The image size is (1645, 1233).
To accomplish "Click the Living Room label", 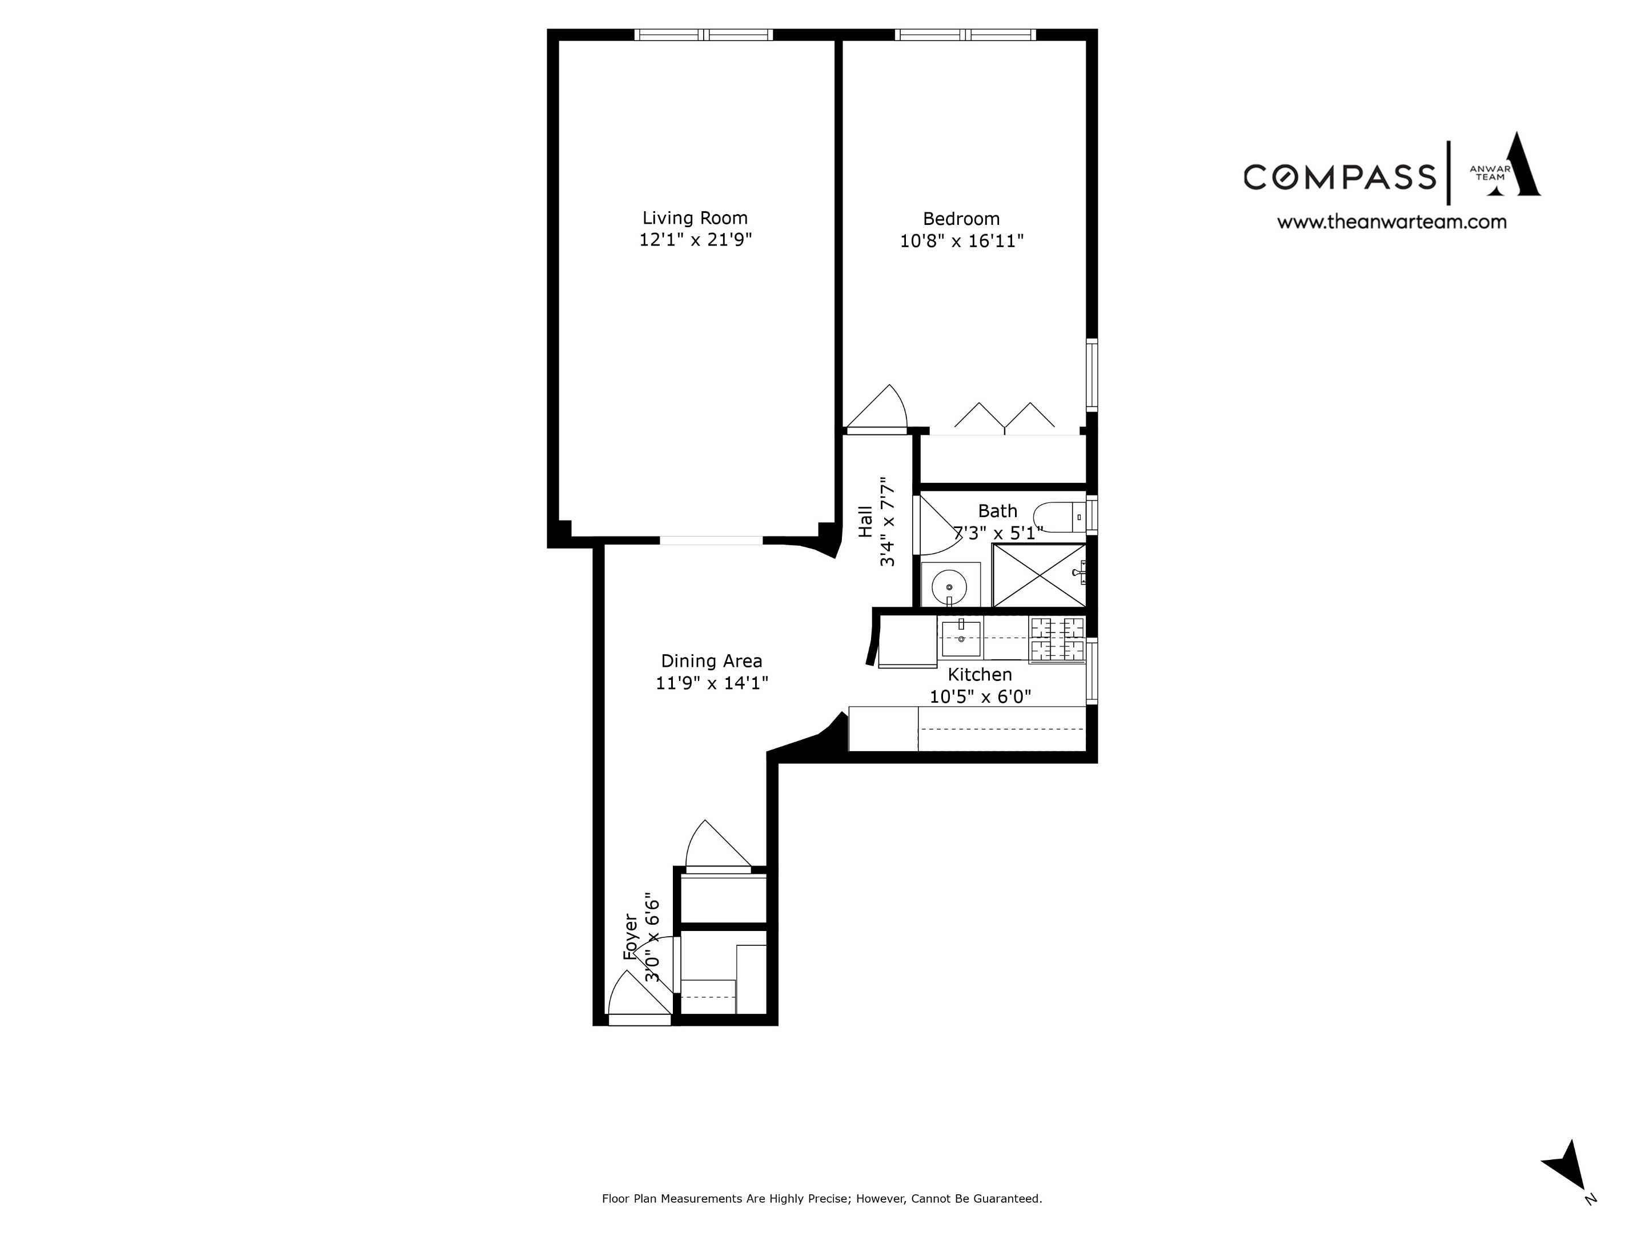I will pos(695,217).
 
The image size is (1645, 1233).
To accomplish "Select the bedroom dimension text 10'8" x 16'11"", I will pos(961,241).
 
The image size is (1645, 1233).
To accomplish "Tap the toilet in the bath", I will pos(1059,517).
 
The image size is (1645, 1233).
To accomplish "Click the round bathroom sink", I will pos(950,586).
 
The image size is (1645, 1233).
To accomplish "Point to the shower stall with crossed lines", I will pos(1039,575).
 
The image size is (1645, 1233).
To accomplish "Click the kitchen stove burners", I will pos(1057,639).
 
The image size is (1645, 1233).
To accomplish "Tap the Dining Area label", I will pos(711,660).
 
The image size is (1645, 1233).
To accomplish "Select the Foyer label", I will pos(631,937).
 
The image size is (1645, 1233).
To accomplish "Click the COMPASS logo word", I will pos(1339,177).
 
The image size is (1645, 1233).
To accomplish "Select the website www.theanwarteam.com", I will pos(1391,221).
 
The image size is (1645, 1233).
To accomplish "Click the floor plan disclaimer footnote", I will pos(822,1198).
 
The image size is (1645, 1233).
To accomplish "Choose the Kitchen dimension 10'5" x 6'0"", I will pos(980,696).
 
